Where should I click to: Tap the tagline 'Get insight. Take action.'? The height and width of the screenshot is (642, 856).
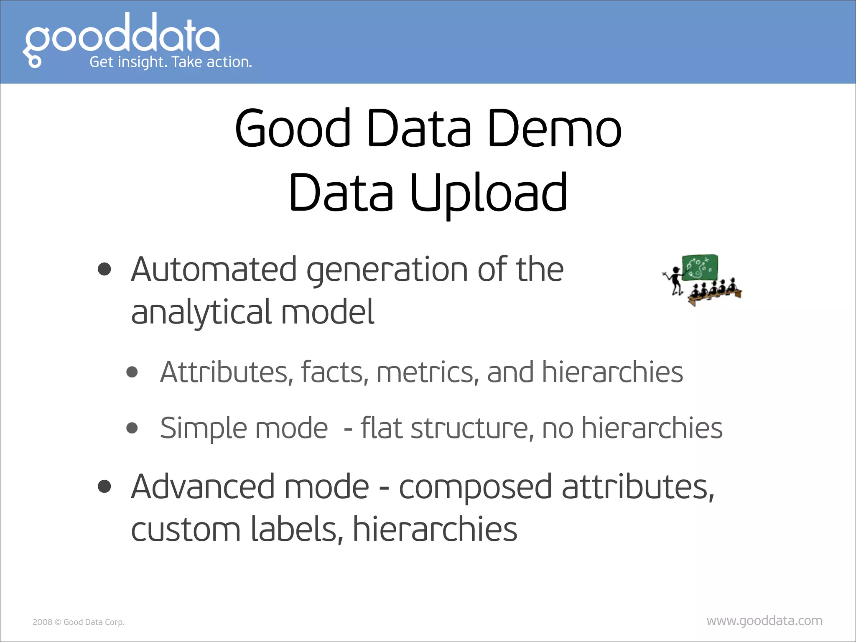171,62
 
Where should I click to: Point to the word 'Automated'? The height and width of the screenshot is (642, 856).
214,270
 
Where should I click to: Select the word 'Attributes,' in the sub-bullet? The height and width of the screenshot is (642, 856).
227,372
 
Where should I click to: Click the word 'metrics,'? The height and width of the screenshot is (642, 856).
428,372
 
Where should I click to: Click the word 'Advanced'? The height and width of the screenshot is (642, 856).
202,487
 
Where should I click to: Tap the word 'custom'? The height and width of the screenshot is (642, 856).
186,530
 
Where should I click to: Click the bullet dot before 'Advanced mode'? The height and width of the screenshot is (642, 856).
104,487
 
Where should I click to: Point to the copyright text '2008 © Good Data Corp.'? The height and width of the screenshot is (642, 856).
79,622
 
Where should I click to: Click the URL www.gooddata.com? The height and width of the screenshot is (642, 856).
764,621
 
